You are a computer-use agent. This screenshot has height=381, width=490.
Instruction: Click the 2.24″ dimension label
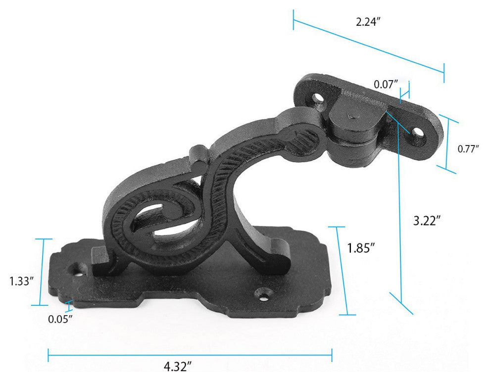tap(368, 22)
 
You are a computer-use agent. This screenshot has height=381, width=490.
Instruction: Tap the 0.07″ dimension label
tap(386, 84)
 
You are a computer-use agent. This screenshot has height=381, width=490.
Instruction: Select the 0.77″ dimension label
tap(468, 149)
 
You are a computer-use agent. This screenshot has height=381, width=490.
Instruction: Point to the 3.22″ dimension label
tap(427, 221)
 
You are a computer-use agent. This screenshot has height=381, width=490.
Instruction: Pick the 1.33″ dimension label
tap(21, 281)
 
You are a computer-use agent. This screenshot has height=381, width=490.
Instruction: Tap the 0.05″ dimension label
tap(60, 319)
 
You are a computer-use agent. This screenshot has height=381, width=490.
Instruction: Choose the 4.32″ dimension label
tap(178, 366)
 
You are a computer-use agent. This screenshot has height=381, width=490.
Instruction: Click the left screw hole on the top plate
tap(319, 98)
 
